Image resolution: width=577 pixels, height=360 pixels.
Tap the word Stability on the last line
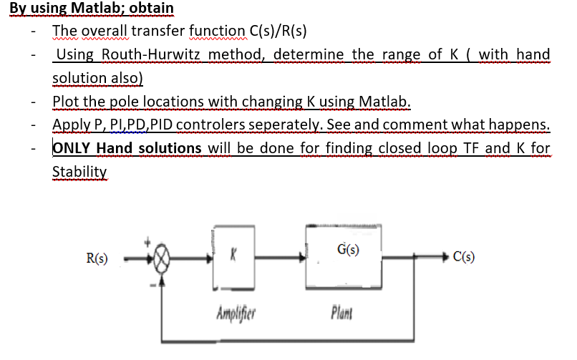(79, 172)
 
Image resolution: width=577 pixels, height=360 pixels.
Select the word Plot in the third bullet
(66, 101)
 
